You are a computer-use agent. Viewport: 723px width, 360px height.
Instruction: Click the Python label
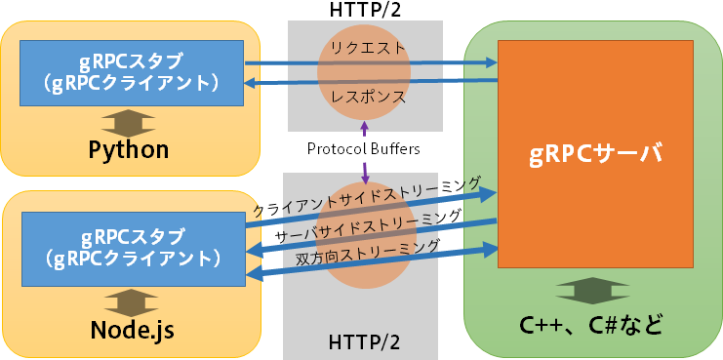pos(129,149)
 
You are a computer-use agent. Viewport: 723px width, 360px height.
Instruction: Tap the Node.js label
pos(131,329)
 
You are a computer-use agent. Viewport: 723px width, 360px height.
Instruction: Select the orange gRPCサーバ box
pos(594,153)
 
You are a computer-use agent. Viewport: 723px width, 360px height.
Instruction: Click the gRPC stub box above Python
pos(132,73)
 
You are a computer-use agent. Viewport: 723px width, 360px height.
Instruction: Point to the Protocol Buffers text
pos(363,149)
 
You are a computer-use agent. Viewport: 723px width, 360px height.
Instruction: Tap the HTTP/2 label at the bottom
pos(364,344)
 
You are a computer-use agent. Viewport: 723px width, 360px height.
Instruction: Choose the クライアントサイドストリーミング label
pos(366,196)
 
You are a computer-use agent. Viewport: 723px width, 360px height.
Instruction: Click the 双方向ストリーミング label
pos(367,252)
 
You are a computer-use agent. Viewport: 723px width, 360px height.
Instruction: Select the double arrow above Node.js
pos(131,300)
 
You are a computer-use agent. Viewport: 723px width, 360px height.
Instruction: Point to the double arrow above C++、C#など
pos(592,291)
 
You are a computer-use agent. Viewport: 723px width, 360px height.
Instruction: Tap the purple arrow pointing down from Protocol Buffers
pos(365,172)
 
